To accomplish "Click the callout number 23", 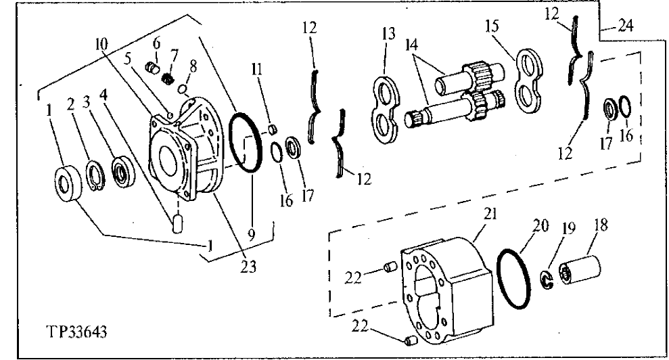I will [x=249, y=267].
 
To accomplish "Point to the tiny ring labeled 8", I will [x=182, y=87].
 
